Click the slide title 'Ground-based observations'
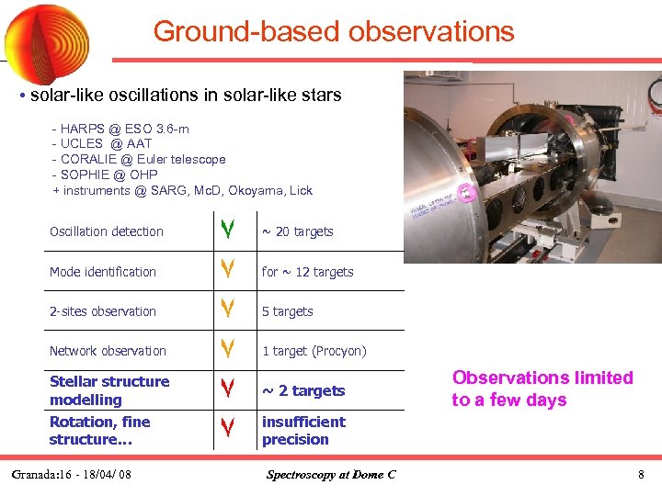[x=333, y=31]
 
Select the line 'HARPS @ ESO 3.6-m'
[x=120, y=129]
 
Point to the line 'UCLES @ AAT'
[x=102, y=144]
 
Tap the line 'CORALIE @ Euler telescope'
[x=139, y=160]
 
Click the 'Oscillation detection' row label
[x=107, y=232]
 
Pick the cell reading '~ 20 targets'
[x=297, y=232]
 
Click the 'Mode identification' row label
[x=103, y=272]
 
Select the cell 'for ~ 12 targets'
[x=307, y=272]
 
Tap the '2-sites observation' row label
[x=103, y=311]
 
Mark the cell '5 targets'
[x=287, y=311]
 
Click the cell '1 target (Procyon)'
[x=314, y=351]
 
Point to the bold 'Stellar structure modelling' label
[x=109, y=390]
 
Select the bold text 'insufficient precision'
[x=303, y=431]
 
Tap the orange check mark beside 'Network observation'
[x=226, y=350]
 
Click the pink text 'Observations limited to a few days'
[x=542, y=389]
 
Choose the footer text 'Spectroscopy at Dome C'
[x=331, y=475]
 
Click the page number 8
[x=641, y=475]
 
